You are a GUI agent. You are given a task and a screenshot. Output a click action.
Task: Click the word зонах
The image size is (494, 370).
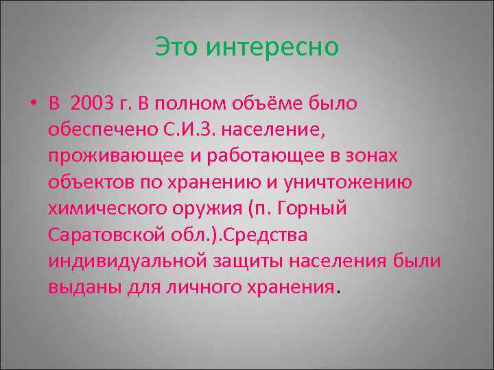374,156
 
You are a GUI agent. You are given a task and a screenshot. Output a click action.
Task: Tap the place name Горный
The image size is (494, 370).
318,208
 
